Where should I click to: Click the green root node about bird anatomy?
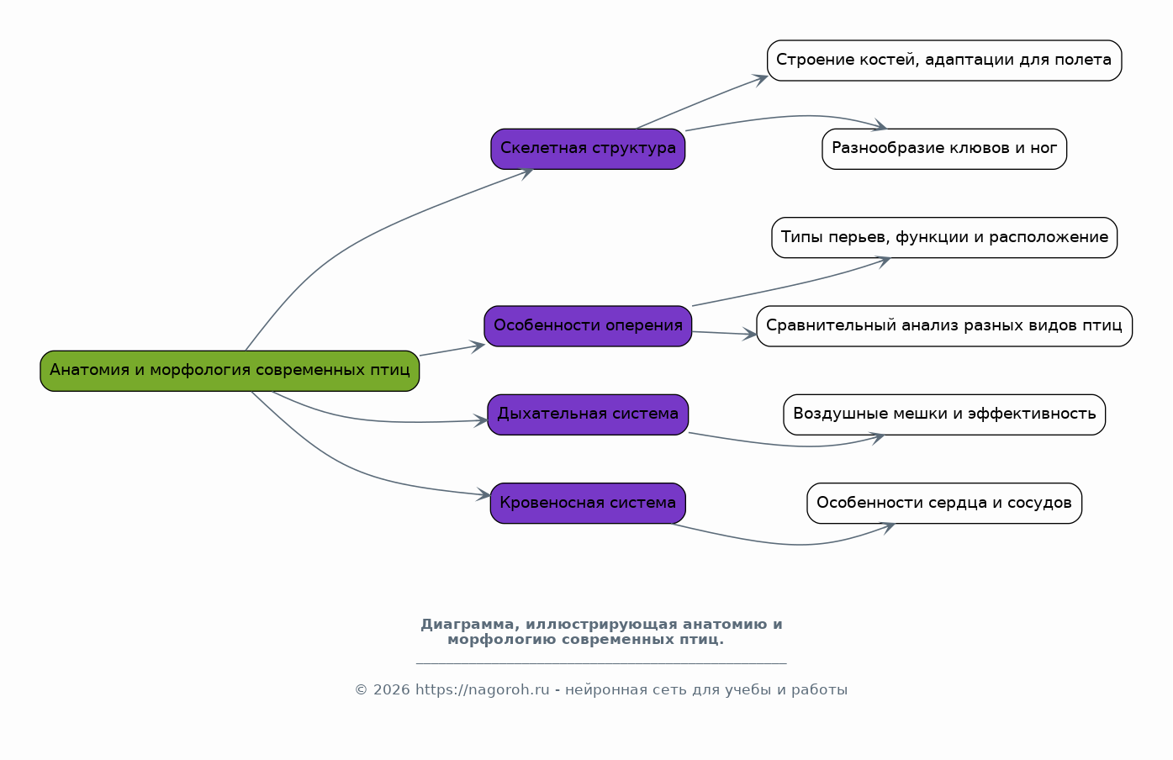point(230,371)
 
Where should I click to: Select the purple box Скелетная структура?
point(588,149)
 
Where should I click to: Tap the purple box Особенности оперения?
point(588,326)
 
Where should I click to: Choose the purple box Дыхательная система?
point(588,414)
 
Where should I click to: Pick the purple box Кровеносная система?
point(588,503)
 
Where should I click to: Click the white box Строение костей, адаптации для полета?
point(944,61)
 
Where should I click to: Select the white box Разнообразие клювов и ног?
point(944,149)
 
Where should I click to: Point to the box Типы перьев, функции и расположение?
point(944,238)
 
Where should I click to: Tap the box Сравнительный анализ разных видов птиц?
point(944,326)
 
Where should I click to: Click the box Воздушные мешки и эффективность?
point(944,414)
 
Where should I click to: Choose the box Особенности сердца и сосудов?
point(944,503)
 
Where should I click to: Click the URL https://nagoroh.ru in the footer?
point(483,690)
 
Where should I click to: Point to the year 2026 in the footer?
point(391,690)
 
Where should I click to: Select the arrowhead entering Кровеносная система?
point(483,494)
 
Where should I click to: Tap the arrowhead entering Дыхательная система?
point(481,420)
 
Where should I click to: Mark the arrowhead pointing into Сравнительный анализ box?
point(749,334)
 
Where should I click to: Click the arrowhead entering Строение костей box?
point(760,80)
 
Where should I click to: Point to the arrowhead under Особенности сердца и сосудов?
point(888,528)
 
